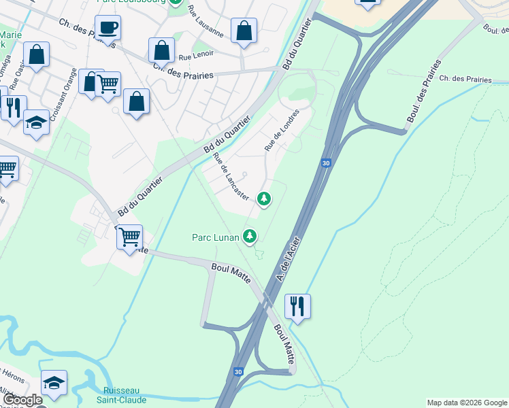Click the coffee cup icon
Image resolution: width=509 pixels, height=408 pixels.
108,29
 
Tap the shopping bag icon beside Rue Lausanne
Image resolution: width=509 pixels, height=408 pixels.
244,31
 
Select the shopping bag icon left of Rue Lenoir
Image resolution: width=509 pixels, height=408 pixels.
161,50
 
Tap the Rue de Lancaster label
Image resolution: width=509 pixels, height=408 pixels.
231,177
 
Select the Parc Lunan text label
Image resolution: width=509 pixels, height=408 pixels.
215,237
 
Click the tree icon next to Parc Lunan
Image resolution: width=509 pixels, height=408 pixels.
250,236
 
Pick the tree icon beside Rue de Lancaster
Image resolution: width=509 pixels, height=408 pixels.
264,199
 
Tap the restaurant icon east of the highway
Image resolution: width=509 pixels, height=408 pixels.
297,306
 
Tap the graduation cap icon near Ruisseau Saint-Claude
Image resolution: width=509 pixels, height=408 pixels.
54,382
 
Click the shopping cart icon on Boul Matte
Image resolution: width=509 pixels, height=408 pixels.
129,237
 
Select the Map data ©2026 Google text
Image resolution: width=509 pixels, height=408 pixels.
466,403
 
